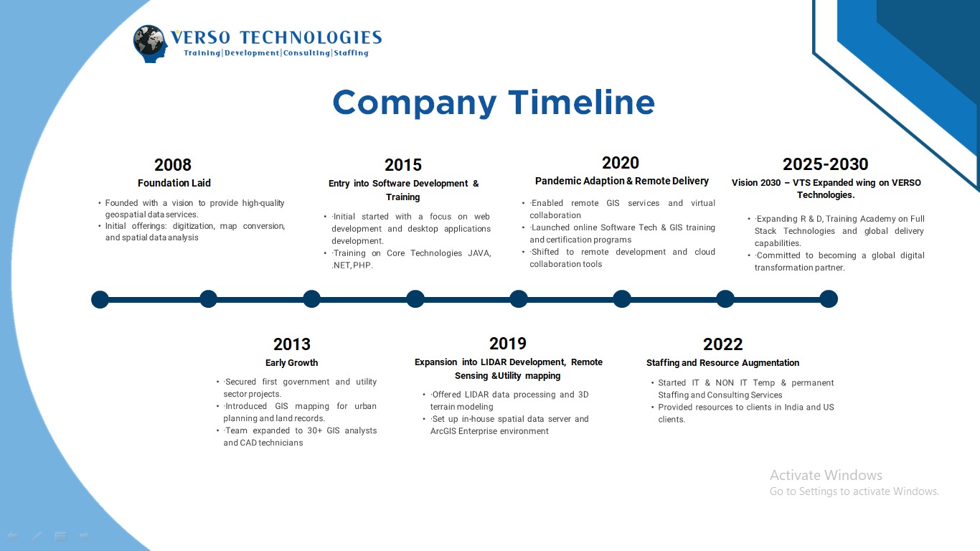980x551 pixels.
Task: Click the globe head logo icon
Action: [150, 43]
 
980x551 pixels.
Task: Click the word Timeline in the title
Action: [581, 103]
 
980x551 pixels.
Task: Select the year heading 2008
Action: [173, 165]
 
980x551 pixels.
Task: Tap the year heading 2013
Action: [292, 344]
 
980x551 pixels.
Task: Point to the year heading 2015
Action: [403, 165]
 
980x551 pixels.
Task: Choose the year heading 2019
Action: [507, 344]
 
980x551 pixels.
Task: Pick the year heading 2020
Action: [621, 163]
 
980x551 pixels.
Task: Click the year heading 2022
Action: [722, 344]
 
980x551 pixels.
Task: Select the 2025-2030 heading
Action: [825, 164]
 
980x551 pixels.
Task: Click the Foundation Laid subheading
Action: [174, 183]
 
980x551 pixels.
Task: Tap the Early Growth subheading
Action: [291, 363]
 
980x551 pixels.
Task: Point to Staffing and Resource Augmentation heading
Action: [722, 363]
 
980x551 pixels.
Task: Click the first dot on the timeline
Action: [100, 299]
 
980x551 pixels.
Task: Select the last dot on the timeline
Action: [829, 299]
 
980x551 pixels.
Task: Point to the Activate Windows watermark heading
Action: [826, 475]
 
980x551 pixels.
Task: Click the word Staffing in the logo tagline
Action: [351, 53]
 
